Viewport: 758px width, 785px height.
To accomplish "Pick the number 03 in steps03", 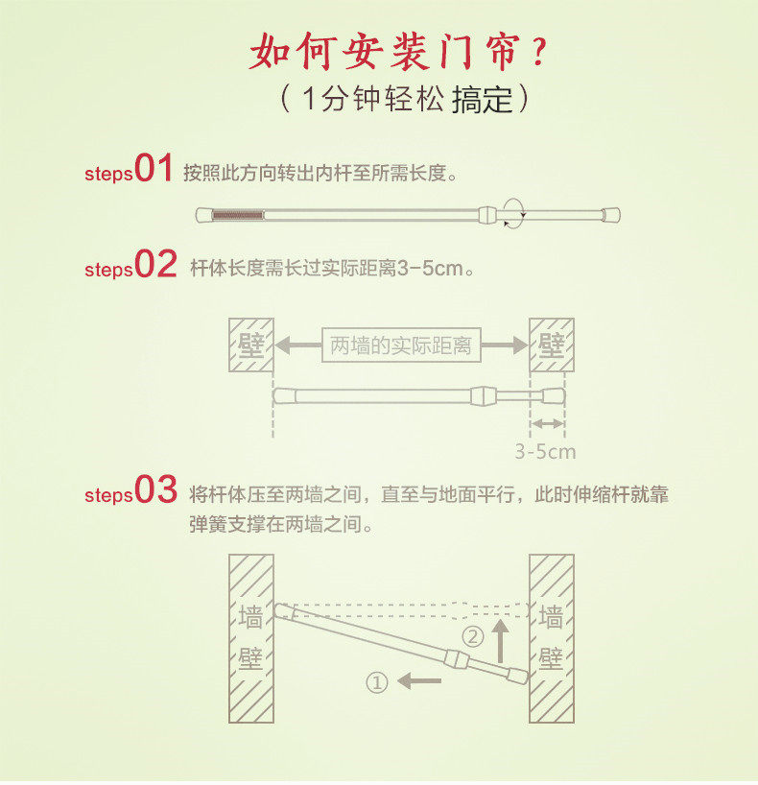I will coord(155,490).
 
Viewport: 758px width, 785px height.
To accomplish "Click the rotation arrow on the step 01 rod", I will coord(516,212).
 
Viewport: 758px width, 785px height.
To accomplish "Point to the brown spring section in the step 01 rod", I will coord(236,214).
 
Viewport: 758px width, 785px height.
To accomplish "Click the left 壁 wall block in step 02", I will coord(250,345).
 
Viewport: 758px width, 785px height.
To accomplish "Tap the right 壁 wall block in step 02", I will coord(552,345).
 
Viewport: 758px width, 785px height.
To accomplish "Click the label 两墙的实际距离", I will coord(401,345).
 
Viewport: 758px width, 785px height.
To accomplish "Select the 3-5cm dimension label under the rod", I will coord(545,451).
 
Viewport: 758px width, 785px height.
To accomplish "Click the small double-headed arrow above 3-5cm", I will coord(548,423).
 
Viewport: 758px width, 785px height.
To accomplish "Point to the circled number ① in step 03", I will coord(377,682).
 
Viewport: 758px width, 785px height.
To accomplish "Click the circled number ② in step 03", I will coord(473,636).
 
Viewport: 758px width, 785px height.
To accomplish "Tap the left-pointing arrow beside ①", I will coord(420,681).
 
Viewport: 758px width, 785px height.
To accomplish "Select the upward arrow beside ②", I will coord(499,639).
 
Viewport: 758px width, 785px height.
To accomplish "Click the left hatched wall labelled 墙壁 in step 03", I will coord(250,638).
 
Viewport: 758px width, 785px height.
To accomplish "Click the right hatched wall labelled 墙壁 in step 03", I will coord(552,638).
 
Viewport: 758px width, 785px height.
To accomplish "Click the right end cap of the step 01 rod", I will coord(610,214).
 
